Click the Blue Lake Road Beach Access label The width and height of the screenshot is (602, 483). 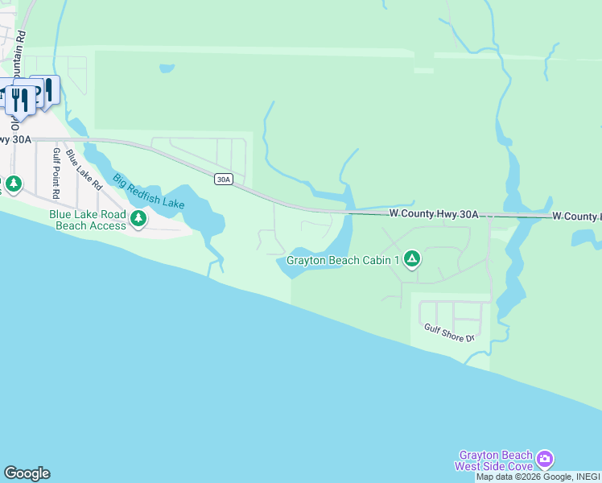(88, 220)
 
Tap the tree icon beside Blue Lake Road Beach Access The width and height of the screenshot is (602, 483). (139, 218)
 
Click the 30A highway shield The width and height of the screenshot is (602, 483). (224, 179)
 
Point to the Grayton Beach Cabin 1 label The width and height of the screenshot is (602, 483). (343, 260)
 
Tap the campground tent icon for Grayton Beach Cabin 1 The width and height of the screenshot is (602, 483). (411, 258)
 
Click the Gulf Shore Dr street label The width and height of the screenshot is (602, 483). (449, 333)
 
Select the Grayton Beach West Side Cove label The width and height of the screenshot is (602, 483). (494, 460)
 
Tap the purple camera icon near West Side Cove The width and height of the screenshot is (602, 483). (545, 459)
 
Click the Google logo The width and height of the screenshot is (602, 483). (27, 473)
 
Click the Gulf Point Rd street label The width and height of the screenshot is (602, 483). (56, 173)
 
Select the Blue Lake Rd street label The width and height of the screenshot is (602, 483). (85, 169)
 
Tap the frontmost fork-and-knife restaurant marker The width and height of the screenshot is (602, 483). (20, 101)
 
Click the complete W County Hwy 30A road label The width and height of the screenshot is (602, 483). (434, 214)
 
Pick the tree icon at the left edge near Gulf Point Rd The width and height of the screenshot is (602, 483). (14, 184)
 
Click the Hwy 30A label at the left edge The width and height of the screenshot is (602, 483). (15, 139)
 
